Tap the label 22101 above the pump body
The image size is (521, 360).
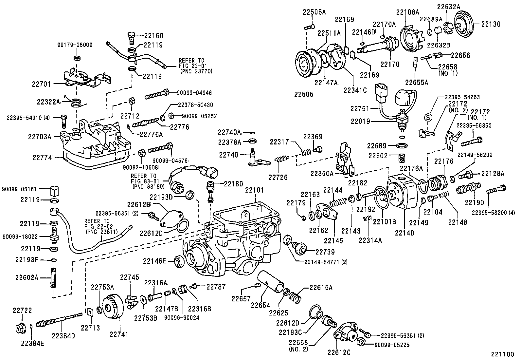point(255,190)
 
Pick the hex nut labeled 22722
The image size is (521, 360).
point(22,328)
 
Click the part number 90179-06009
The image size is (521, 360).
point(75,45)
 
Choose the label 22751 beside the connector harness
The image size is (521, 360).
point(360,109)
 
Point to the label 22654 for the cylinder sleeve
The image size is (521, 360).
point(260,305)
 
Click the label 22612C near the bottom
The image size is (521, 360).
point(339,352)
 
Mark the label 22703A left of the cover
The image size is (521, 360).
point(40,137)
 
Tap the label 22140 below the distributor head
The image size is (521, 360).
point(404,233)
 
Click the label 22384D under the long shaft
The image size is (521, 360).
point(63,335)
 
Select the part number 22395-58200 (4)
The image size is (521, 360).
point(493,213)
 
